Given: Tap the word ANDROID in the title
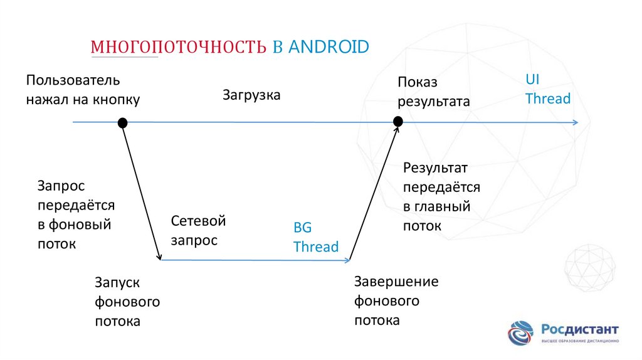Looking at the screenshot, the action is (329, 47).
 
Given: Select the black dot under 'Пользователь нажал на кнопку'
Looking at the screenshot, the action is (123, 122).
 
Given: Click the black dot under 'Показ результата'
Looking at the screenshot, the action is (397, 121).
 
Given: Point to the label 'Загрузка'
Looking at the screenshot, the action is (251, 95).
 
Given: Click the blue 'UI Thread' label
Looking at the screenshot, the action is (547, 89).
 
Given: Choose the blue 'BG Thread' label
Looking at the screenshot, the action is (315, 237).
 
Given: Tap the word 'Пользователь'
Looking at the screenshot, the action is (73, 81).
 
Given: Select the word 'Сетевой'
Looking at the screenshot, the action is (197, 221).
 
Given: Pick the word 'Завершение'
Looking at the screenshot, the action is (396, 281).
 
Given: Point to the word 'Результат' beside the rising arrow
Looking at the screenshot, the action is (435, 167).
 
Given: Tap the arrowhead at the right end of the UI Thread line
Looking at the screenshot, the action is (575, 122).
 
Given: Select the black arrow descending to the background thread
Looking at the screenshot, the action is (142, 191).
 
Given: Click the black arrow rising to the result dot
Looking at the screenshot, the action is (374, 191).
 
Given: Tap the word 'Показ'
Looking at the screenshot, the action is (417, 82).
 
